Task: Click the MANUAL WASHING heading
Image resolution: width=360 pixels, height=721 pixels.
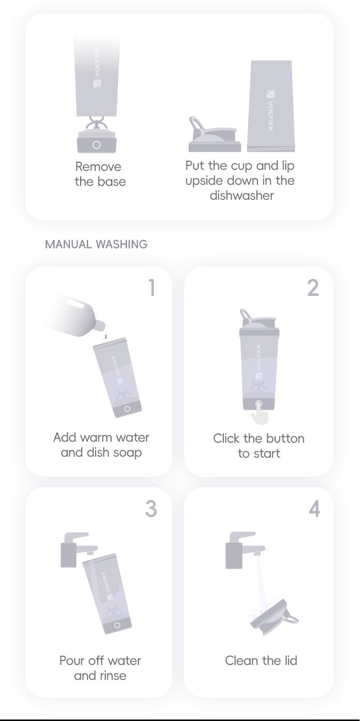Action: coord(96,245)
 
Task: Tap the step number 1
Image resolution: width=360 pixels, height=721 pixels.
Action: coord(152,288)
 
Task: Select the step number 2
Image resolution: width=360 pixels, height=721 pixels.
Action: coord(313,288)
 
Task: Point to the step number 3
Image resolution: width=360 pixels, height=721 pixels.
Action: coord(151,509)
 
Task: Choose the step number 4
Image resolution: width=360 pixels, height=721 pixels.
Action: coord(314,509)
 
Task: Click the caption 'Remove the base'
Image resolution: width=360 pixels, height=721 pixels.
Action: coord(100,174)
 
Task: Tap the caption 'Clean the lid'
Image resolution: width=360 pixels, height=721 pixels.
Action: coord(261,661)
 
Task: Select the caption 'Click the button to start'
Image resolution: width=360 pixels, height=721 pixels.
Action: coord(259,446)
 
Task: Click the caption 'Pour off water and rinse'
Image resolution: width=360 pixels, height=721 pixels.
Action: coord(100,668)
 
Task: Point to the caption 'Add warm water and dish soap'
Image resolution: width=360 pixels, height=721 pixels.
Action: coord(101,445)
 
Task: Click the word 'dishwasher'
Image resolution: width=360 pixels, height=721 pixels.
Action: coord(241,195)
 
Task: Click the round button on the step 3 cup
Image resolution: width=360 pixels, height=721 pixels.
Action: coord(117,625)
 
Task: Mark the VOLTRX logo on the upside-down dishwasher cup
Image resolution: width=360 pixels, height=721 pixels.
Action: coord(271,110)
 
